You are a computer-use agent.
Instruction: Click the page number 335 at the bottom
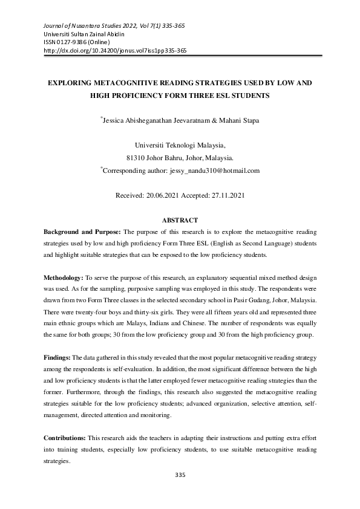point(180,475)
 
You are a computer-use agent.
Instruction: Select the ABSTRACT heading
point(180,221)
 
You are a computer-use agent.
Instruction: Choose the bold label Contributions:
point(65,436)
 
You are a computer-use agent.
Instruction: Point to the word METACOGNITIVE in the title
point(130,81)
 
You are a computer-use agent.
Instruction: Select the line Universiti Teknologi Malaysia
point(180,146)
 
